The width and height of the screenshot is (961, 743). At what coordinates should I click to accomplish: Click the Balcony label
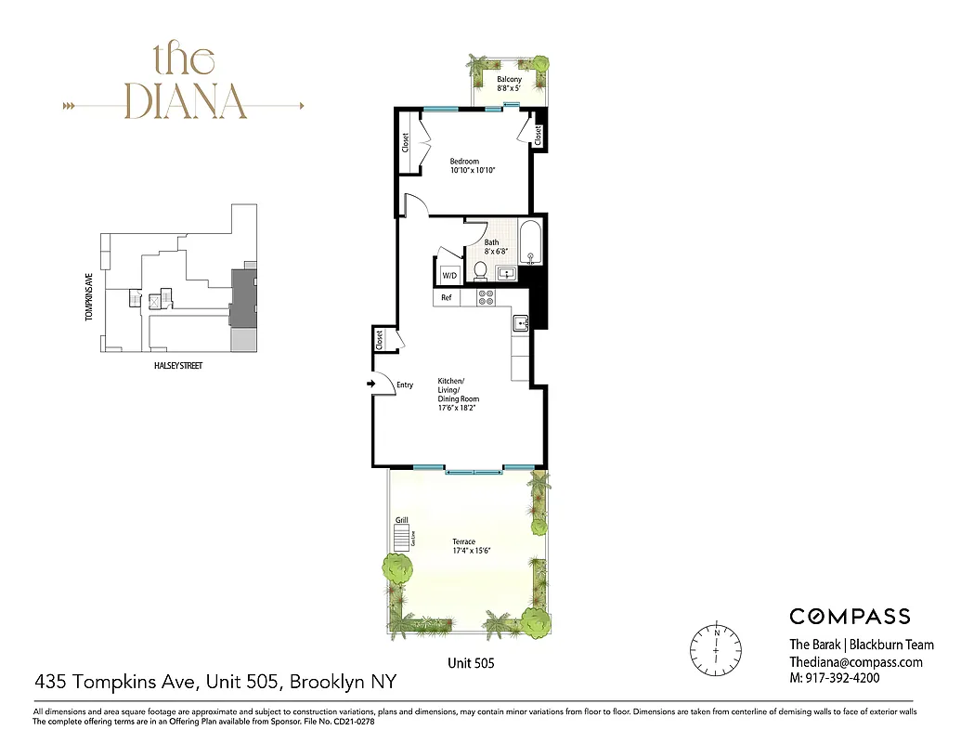click(509, 80)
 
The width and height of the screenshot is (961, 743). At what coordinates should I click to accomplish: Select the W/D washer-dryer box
click(450, 276)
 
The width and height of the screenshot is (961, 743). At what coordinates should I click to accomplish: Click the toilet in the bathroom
click(481, 270)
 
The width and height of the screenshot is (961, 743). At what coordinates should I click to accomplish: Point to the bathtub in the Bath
click(531, 243)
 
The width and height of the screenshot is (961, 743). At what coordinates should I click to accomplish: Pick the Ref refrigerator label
click(447, 298)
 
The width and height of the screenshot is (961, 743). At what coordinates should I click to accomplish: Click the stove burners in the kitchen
click(486, 297)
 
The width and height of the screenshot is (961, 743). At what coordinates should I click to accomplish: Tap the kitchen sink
click(520, 323)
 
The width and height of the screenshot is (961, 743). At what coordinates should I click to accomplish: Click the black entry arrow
click(371, 384)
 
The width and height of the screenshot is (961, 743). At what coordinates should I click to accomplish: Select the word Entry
click(405, 385)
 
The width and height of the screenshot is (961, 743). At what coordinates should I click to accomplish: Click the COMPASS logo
click(850, 616)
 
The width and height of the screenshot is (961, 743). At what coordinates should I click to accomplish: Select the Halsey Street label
click(176, 366)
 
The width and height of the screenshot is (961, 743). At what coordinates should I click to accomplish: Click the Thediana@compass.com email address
click(856, 662)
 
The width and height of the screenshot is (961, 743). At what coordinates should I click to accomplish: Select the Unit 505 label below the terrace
click(472, 663)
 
